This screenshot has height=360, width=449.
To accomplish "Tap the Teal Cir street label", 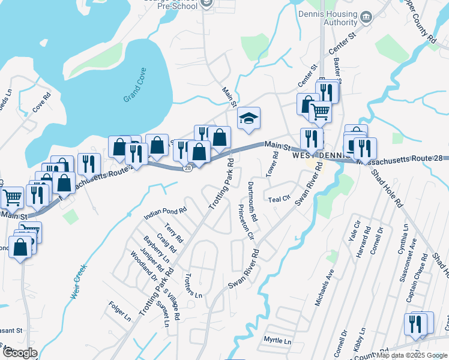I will [279, 199].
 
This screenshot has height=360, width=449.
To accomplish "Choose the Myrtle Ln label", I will [277, 340].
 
